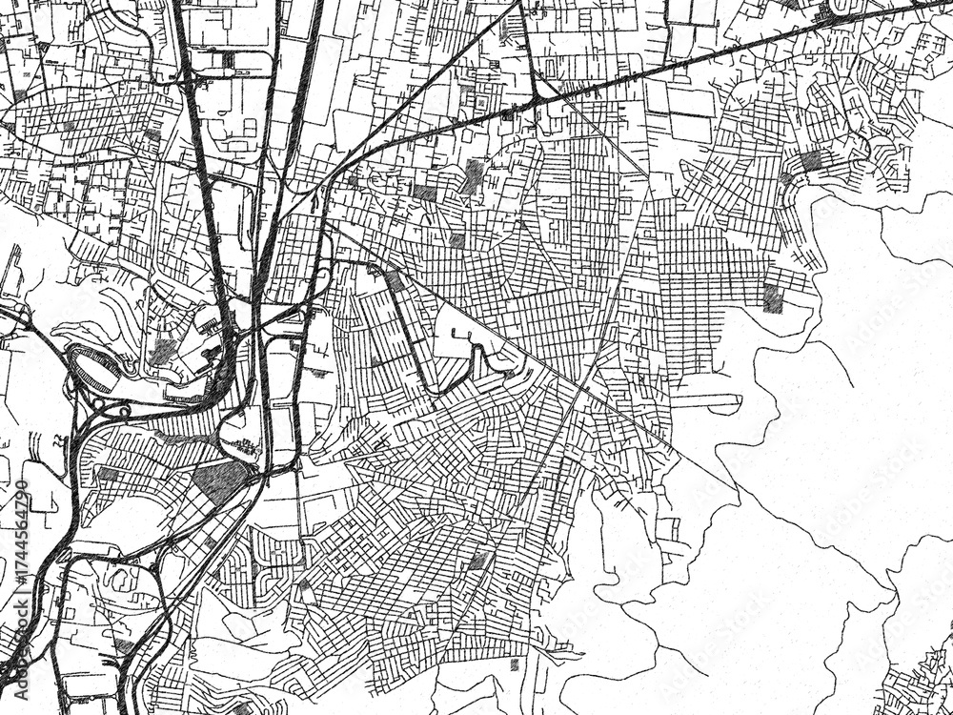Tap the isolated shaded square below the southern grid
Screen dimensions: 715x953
515,664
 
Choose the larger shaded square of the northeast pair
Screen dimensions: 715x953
811,160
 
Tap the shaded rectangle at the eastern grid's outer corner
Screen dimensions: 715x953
772,299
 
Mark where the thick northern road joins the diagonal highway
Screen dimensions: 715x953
537,99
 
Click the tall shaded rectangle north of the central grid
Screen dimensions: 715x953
474,176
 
